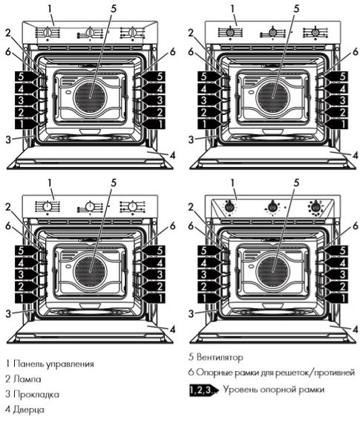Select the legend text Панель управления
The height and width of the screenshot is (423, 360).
point(53,364)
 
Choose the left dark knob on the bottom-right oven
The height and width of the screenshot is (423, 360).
point(230,206)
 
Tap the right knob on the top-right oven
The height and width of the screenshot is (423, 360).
point(317,33)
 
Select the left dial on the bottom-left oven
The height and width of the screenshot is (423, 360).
point(48,206)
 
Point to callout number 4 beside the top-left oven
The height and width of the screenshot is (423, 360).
point(172,156)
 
